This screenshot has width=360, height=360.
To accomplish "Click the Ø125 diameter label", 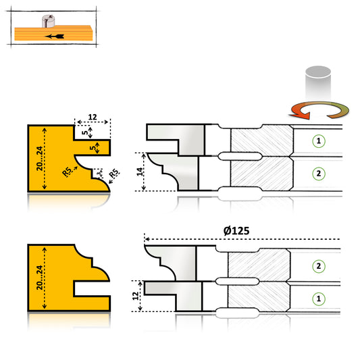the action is click(x=236, y=231).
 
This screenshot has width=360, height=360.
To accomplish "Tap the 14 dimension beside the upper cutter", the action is click(x=140, y=172).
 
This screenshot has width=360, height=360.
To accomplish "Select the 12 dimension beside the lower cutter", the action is click(x=136, y=296).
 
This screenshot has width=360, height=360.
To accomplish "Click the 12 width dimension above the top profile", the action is click(x=93, y=117).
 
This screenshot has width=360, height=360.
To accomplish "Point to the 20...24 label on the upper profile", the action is click(x=39, y=159).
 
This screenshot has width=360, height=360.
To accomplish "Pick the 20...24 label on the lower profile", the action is click(x=39, y=278).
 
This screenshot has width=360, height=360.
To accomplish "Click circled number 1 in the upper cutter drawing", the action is click(x=319, y=141).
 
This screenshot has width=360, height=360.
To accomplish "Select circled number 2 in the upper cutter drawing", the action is click(x=319, y=174).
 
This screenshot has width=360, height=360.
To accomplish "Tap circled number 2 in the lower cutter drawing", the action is click(x=319, y=266).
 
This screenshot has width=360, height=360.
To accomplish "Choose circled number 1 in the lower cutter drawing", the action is click(x=319, y=299).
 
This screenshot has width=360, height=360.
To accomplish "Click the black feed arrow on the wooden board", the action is click(x=55, y=36).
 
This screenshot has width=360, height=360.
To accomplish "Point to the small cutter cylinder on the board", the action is click(x=48, y=21).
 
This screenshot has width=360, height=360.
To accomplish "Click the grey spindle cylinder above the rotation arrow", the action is click(x=318, y=83).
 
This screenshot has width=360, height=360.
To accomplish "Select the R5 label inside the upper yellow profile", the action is click(x=67, y=172).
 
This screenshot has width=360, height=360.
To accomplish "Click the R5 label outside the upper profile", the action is click(x=114, y=174).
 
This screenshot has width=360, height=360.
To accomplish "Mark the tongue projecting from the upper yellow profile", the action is click(x=93, y=147).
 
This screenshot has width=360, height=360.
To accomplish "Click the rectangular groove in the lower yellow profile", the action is click(x=92, y=288).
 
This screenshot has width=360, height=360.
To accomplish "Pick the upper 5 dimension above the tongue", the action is click(x=85, y=132).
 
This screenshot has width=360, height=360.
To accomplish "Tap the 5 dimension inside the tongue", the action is click(x=93, y=148).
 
